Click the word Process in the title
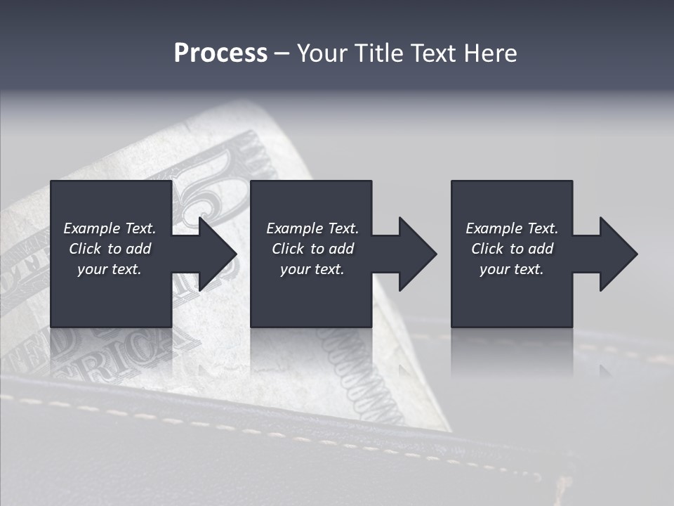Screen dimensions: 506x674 tap(220, 53)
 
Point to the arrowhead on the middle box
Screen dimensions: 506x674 tap(416, 254)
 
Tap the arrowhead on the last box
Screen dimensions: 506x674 tap(617, 254)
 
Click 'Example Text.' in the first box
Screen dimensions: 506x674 tap(110, 228)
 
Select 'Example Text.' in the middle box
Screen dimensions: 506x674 tap(312, 228)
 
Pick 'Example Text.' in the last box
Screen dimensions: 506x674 tap(512, 228)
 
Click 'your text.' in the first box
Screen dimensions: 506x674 tap(110, 269)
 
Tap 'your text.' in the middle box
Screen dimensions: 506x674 tap(312, 269)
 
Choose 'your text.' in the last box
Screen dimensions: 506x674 tap(512, 269)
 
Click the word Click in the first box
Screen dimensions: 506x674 tap(85, 249)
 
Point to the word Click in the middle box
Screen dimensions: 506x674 tap(288, 249)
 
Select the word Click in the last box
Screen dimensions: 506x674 tap(487, 249)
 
